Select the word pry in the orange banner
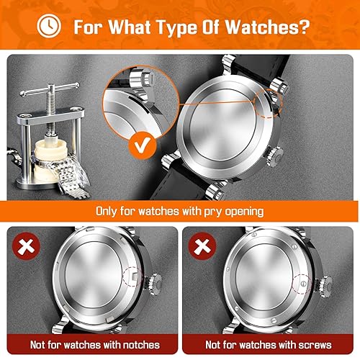click(x=220, y=212)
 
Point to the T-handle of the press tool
click(x=45, y=94)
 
